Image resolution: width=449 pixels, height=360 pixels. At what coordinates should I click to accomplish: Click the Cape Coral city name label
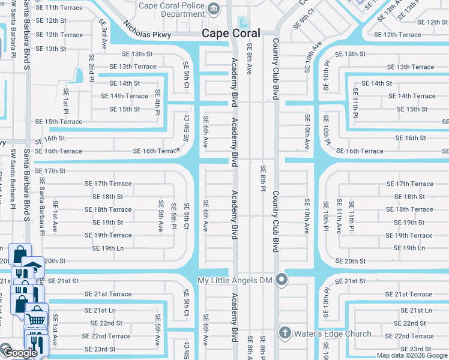pyautogui.click(x=231, y=34)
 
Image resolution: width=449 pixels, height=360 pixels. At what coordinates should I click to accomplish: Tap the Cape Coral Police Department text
pyautogui.click(x=171, y=10)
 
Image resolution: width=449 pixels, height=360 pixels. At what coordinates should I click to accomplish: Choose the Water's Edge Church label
pyautogui.click(x=333, y=334)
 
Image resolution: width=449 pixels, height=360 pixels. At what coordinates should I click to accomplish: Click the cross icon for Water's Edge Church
pyautogui.click(x=285, y=333)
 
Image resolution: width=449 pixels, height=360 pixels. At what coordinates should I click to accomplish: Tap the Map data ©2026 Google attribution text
pyautogui.click(x=412, y=355)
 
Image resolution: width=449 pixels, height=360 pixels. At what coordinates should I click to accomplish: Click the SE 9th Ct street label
pyautogui.click(x=304, y=19)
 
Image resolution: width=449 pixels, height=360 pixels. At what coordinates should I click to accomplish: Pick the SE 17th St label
pyautogui.click(x=50, y=171)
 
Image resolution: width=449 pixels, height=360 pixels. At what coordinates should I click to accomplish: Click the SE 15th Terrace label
pyautogui.click(x=59, y=122)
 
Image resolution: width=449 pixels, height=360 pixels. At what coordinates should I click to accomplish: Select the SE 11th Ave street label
pyautogui.click(x=339, y=216)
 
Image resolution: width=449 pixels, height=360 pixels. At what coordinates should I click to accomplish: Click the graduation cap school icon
pyautogui.click(x=33, y=266)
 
